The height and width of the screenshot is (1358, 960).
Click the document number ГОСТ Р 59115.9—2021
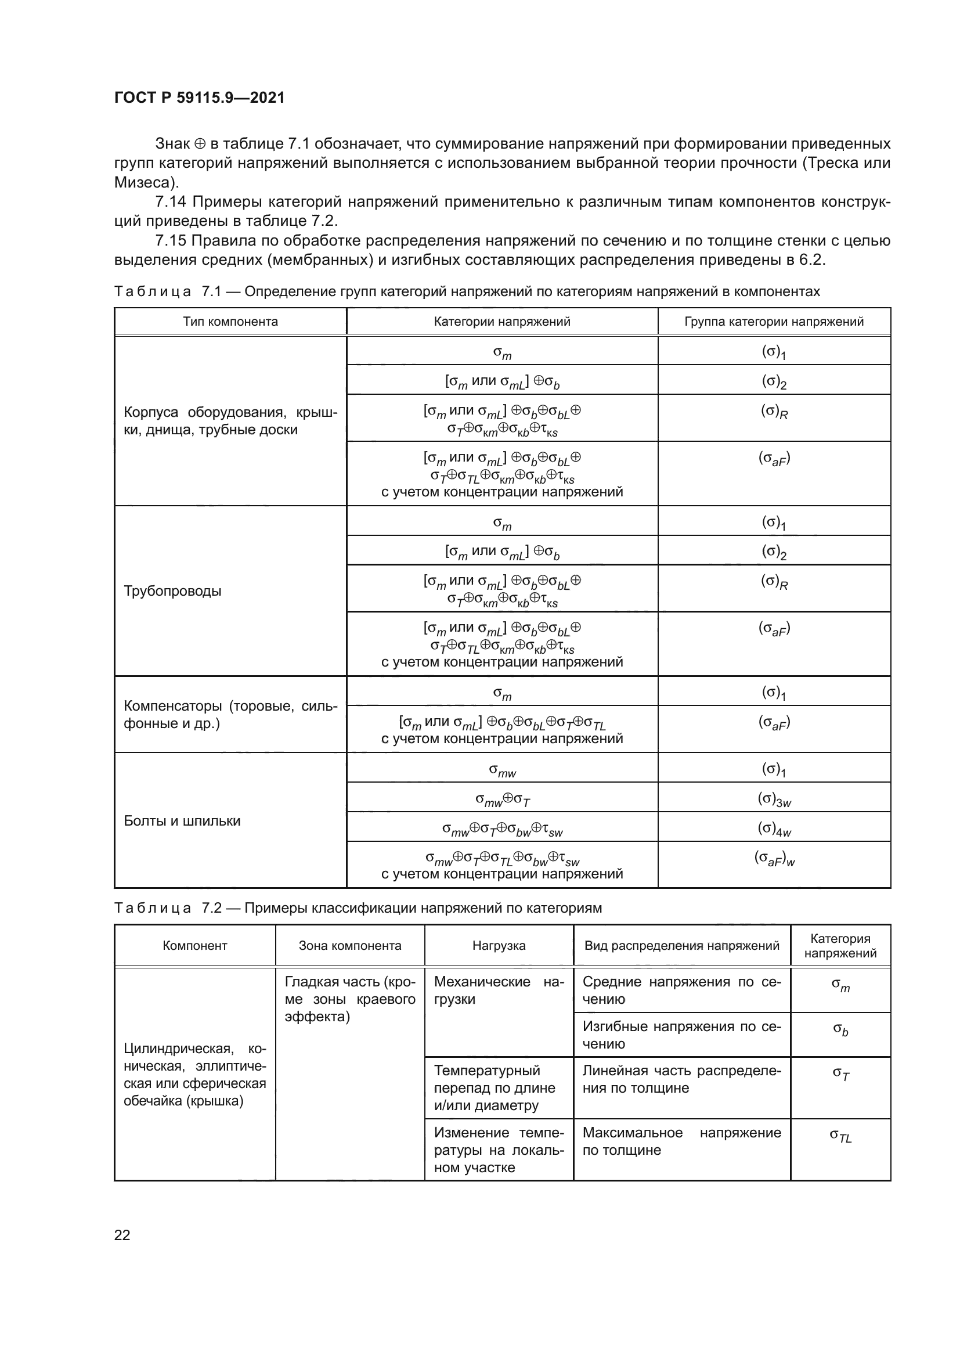coord(199,98)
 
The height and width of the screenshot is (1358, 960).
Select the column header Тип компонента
coord(230,322)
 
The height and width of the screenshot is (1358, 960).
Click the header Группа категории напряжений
coord(774,322)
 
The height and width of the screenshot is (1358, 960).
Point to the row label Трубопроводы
coord(172,591)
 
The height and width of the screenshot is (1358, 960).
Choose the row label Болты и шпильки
coord(182,821)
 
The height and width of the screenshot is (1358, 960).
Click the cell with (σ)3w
coord(774,799)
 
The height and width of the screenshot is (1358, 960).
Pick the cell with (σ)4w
coord(774,829)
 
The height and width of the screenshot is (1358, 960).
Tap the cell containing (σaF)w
coord(774,859)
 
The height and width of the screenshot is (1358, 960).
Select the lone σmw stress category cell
coord(503,770)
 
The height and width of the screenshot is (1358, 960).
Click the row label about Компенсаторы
coord(230,715)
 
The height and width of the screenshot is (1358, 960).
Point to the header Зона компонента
coord(350,946)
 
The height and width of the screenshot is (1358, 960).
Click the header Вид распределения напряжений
coord(681,946)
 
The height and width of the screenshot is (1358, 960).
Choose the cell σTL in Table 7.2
coord(840,1135)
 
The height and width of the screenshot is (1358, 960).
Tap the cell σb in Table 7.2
coord(840,1030)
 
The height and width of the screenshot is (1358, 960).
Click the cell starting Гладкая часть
coord(350,999)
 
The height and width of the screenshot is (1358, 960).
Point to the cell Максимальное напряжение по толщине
coord(681,1141)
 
